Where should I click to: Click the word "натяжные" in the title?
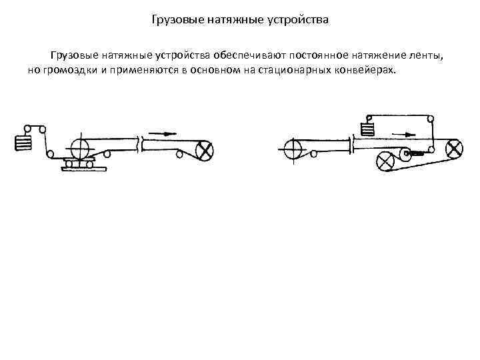pos(235,20)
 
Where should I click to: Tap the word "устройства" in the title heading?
pos(298,20)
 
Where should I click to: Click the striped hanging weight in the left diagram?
pos(23,143)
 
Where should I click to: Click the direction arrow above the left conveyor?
pos(163,134)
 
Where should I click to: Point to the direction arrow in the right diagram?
pos(404,135)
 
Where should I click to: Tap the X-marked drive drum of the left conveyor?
pos(204,151)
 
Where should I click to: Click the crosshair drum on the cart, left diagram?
pos(80,149)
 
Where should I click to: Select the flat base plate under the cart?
pos(84,169)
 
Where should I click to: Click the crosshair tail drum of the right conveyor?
pos(293,149)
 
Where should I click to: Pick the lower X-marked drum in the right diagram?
pos(385,161)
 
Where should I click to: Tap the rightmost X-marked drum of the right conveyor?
pos(454,149)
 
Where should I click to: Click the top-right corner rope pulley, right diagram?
pos(431,119)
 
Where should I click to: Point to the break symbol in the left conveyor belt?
pos(141,144)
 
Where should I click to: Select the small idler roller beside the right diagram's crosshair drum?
pos(313,154)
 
